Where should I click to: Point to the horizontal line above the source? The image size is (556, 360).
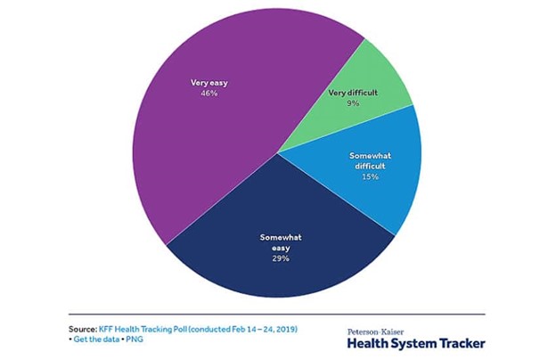(x=276, y=314)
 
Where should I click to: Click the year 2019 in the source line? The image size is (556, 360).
(x=286, y=329)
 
